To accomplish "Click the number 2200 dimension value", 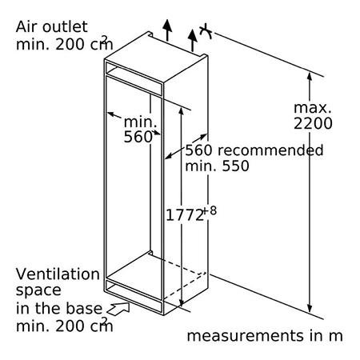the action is pyautogui.click(x=313, y=123).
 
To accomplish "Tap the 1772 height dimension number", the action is pyautogui.click(x=185, y=215).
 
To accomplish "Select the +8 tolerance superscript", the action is pyautogui.click(x=210, y=211).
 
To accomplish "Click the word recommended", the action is pyautogui.click(x=270, y=150).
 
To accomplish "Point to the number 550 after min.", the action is pyautogui.click(x=236, y=166).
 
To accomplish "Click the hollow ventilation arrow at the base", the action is pyautogui.click(x=118, y=309).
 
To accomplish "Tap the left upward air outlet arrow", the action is pyautogui.click(x=167, y=30).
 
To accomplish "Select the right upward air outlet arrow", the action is pyautogui.click(x=192, y=40).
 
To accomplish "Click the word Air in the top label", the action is pyautogui.click(x=26, y=27).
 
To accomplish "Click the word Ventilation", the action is pyautogui.click(x=58, y=274).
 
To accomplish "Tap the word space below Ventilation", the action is pyautogui.click(x=38, y=290).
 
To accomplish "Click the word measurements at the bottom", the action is pyautogui.click(x=245, y=336).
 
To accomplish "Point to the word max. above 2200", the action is pyautogui.click(x=312, y=108).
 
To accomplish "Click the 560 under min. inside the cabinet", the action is pyautogui.click(x=138, y=137).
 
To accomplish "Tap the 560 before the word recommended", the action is pyautogui.click(x=198, y=150).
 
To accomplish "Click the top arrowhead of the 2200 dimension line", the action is pyautogui.click(x=310, y=75).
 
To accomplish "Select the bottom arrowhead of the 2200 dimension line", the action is pyautogui.click(x=310, y=308).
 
